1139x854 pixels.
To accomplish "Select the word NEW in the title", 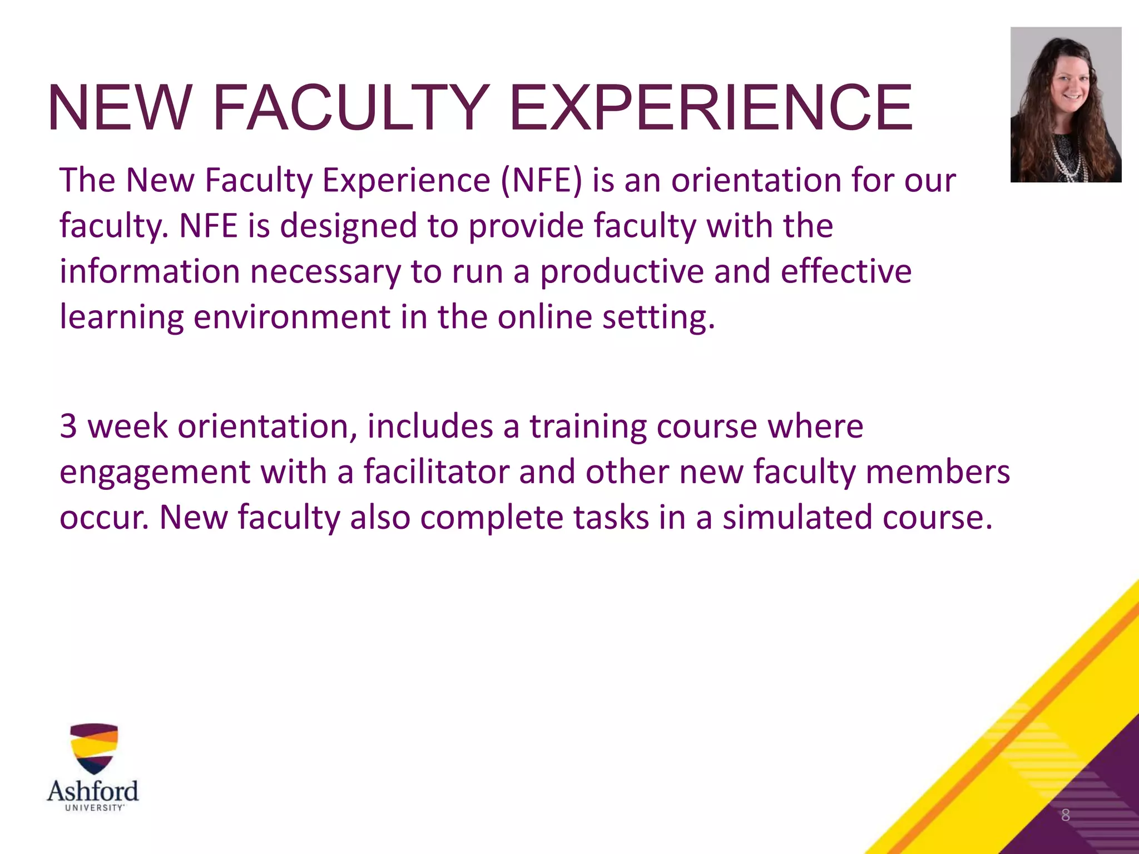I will [x=117, y=108].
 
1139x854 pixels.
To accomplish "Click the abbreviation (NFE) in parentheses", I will [x=541, y=181].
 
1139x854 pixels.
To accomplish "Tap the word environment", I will [x=292, y=317].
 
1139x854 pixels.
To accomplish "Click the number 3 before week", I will [x=68, y=426].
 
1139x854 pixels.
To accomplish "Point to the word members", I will [x=938, y=472].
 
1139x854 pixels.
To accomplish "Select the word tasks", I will [x=611, y=518].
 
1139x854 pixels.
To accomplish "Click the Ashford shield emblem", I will [x=93, y=748].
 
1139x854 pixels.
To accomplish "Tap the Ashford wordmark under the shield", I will [x=93, y=791].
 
